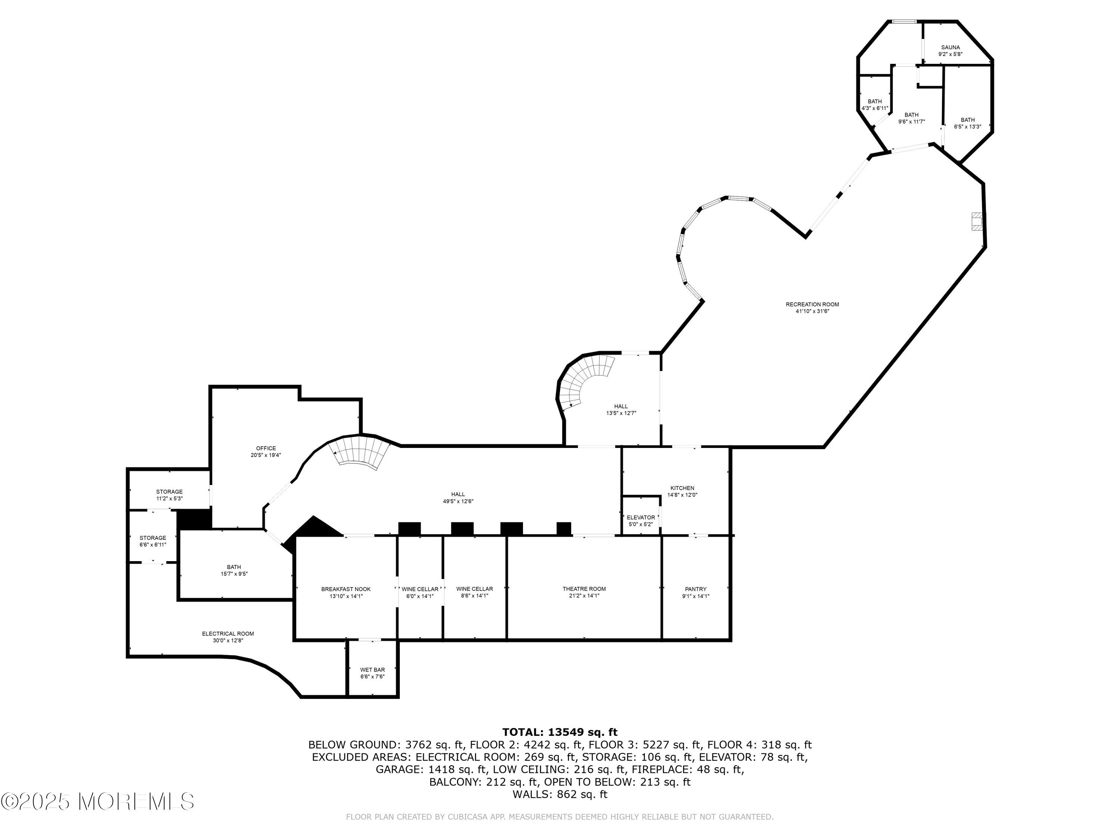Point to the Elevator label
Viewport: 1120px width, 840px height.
click(641, 520)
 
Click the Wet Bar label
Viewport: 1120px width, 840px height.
click(372, 673)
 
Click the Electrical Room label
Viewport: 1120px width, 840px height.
click(228, 637)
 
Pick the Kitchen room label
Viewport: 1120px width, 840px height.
click(682, 492)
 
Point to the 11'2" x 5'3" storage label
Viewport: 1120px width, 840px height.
click(169, 495)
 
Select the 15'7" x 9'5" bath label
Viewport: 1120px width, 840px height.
click(234, 570)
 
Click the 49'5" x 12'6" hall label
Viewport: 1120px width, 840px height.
click(458, 498)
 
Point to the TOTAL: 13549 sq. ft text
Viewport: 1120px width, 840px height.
click(560, 732)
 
